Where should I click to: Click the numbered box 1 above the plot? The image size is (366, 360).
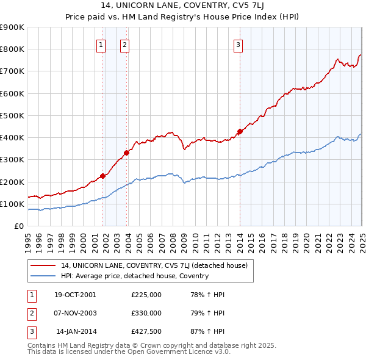100,44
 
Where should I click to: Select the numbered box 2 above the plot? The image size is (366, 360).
124,44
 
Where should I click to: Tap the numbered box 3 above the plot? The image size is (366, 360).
238,44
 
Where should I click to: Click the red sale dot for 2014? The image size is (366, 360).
240,131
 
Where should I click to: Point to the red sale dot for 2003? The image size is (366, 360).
126,153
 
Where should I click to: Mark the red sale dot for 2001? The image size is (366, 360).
103,176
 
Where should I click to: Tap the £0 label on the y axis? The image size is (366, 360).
18,226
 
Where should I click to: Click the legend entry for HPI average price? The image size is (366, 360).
134,276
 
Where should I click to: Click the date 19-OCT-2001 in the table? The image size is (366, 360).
75,295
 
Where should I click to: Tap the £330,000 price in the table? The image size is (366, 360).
146,313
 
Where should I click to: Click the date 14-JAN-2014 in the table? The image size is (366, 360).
76,331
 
